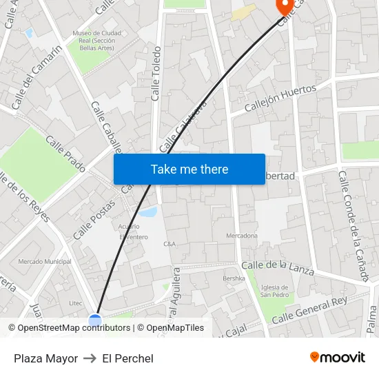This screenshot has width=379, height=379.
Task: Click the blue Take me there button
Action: pyautogui.click(x=189, y=169)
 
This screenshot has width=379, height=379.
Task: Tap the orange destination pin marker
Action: pyautogui.click(x=283, y=6)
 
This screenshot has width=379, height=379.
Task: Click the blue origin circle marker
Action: pyautogui.click(x=95, y=320)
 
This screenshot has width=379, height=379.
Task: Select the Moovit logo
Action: pyautogui.click(x=337, y=358)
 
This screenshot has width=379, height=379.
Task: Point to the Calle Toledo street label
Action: pyautogui.click(x=156, y=74)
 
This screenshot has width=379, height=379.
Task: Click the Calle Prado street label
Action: pyautogui.click(x=65, y=153)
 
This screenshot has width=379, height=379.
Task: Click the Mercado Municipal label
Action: pyautogui.click(x=45, y=262)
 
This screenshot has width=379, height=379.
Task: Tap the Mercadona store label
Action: pyautogui.click(x=242, y=236)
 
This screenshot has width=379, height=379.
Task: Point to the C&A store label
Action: pyautogui.click(x=170, y=244)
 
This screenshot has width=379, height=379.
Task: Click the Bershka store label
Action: pyautogui.click(x=234, y=278)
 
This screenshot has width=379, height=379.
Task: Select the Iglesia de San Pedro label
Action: pyautogui.click(x=274, y=291)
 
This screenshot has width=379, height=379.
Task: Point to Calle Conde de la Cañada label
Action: pyautogui.click(x=352, y=225)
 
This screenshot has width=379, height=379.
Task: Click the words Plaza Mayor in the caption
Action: pyautogui.click(x=45, y=358)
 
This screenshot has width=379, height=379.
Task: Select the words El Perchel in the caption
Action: pyautogui.click(x=127, y=358)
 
